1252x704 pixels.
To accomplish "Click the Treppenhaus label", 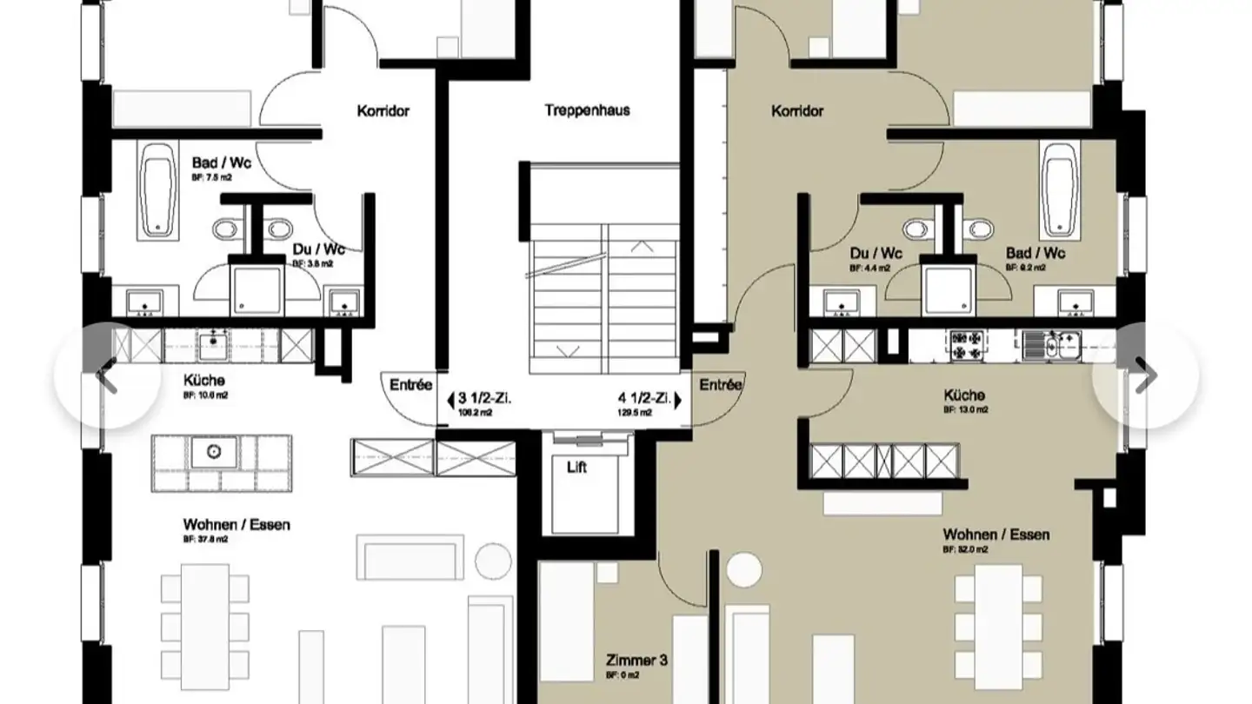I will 587,110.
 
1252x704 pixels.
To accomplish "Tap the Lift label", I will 576,468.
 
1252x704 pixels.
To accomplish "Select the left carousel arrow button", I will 106,375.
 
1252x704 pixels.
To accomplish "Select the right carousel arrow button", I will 1145,375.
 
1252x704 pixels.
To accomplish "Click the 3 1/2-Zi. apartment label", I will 479,400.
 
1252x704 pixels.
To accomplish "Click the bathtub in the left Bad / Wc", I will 157,190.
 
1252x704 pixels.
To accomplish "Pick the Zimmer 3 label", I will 636,661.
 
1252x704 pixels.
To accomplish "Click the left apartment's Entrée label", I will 410,385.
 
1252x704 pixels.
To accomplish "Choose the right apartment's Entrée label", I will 721,385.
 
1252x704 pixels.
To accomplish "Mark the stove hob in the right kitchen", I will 964,345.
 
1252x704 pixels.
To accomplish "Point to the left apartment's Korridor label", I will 383,111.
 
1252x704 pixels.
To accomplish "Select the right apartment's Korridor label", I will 797,111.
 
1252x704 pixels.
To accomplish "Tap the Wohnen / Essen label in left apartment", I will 236,525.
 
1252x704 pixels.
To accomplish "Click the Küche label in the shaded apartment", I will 965,395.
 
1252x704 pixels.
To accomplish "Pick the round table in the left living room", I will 493,560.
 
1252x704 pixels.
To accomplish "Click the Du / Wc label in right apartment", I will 876,254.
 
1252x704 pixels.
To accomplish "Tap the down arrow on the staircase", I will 567,350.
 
